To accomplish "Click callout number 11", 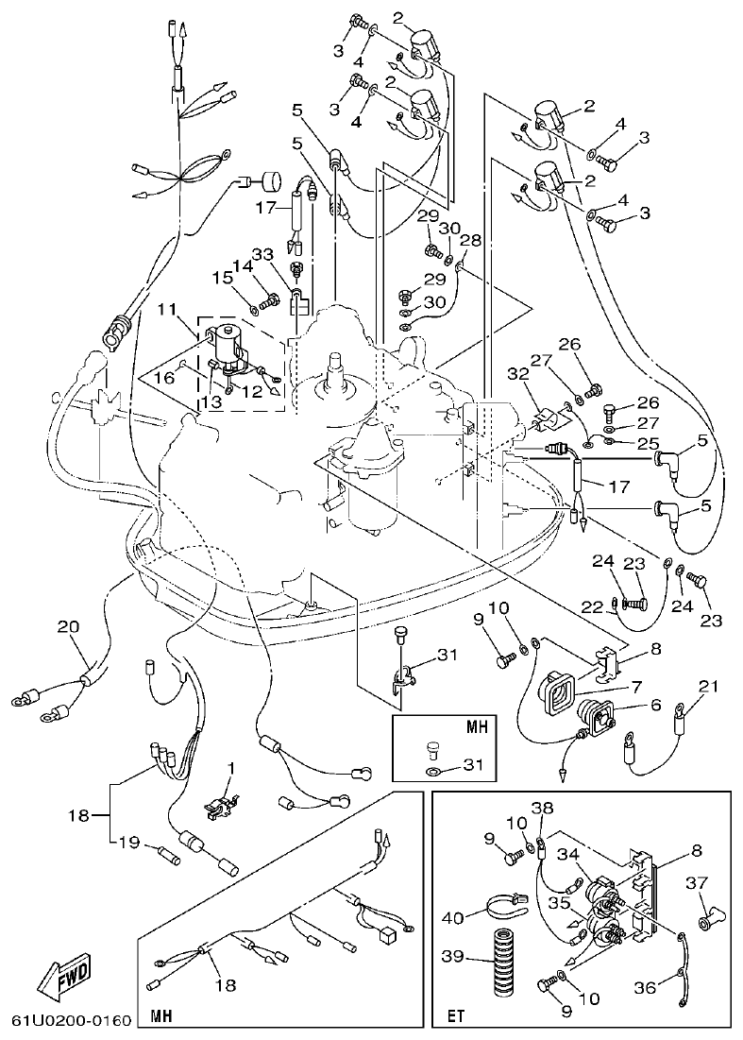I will (x=166, y=309).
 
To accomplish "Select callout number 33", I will (x=262, y=254).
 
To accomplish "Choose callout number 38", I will (x=541, y=809).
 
